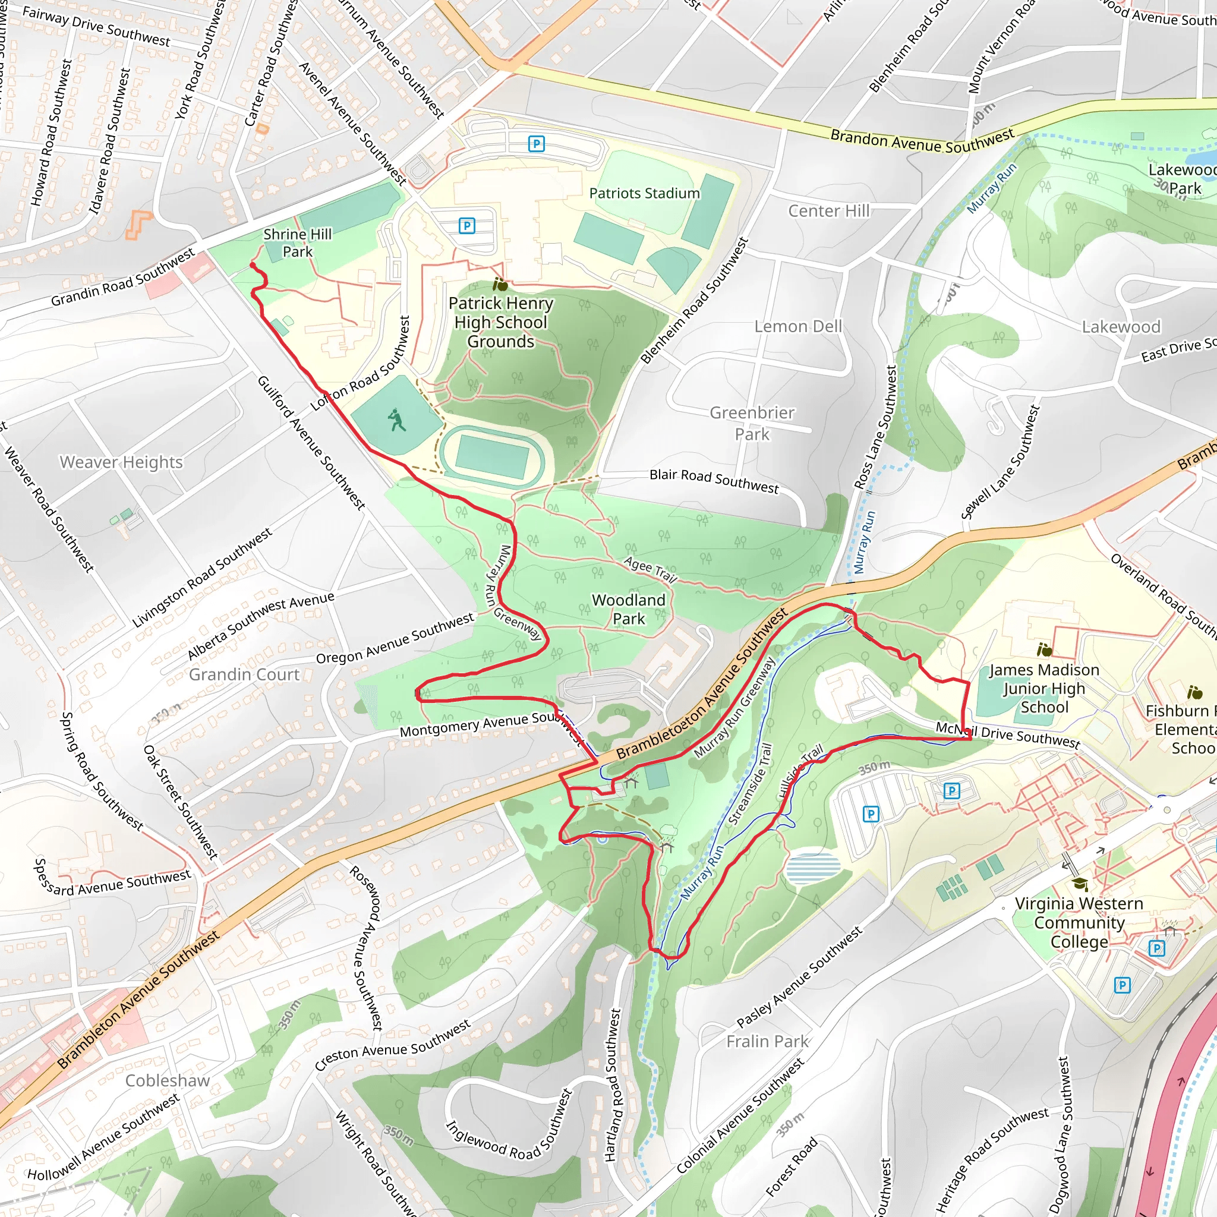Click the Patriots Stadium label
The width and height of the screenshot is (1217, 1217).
[644, 193]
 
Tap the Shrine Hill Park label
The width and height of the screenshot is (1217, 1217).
[297, 242]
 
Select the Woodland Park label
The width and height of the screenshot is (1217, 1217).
[628, 609]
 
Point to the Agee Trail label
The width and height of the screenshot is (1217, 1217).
[650, 569]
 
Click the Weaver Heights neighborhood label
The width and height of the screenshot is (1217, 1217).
[121, 462]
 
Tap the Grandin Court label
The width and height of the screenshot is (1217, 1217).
[244, 674]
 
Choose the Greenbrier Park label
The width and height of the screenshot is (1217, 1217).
[752, 423]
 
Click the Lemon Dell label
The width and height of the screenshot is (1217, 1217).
[797, 326]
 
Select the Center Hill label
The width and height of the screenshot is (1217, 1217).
[828, 210]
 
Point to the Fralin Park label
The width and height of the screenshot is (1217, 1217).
[767, 1041]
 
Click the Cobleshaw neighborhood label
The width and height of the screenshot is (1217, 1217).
[167, 1080]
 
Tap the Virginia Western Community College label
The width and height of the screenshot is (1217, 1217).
[1079, 922]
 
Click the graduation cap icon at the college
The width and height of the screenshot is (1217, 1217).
[1080, 884]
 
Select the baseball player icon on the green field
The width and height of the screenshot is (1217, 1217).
[396, 420]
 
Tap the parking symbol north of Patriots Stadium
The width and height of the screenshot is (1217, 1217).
[536, 144]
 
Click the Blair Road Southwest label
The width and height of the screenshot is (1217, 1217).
[714, 481]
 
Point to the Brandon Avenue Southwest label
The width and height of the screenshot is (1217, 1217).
[922, 140]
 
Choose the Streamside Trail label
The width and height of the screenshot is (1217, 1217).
[749, 784]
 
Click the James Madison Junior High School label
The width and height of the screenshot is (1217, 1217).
[1043, 688]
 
